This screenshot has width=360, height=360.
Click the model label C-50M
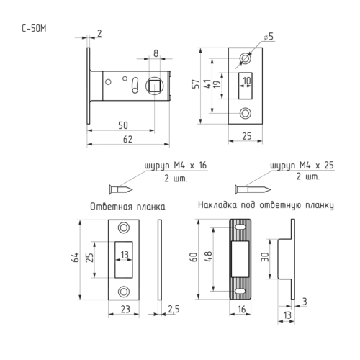click(x=34, y=29)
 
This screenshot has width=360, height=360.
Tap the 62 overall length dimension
click(x=127, y=139)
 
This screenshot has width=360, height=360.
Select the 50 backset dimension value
click(x=123, y=125)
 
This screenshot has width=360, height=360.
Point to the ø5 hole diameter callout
click(x=269, y=37)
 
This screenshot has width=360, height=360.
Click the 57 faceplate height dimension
click(x=196, y=84)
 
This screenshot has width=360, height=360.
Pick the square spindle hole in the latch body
click(x=155, y=86)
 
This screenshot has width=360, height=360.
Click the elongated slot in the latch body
click(x=135, y=85)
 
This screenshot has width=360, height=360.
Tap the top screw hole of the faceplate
click(x=246, y=59)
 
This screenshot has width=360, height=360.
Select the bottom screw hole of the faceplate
click(x=246, y=113)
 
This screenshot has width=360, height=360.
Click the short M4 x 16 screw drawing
click(x=121, y=189)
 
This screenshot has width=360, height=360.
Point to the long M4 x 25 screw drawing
click(x=253, y=189)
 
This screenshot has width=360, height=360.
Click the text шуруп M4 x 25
click(x=302, y=166)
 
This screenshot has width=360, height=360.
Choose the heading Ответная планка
click(x=127, y=207)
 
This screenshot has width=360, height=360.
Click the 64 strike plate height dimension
click(x=76, y=257)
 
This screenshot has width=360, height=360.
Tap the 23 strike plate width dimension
click(x=125, y=310)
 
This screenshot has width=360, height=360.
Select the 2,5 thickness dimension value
click(x=174, y=310)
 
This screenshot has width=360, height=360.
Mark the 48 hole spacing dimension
click(x=208, y=256)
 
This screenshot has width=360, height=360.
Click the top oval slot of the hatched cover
click(x=240, y=227)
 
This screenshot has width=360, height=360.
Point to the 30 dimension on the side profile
click(x=265, y=257)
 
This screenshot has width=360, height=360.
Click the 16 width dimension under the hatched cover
click(x=242, y=310)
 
